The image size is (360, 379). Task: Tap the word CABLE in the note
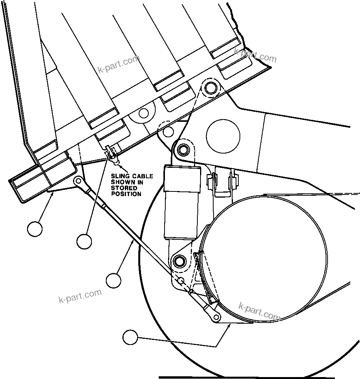coord(141,176)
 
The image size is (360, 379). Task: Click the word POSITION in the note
coord(126,194)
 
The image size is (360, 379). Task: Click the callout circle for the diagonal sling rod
coord(114,280)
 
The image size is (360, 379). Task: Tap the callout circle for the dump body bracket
coord(35,229)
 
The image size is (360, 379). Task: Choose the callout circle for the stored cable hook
coord(84,242)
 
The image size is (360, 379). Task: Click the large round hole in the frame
coord(223,136)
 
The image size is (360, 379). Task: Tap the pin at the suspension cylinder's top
coord(182,149)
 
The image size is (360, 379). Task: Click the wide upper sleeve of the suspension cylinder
coord(182,179)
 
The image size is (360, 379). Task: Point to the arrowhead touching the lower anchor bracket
coord(229,326)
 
